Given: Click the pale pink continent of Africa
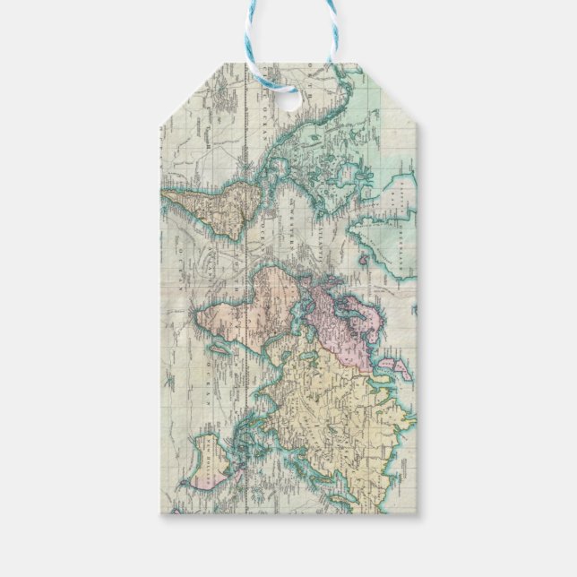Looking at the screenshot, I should (251, 305).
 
